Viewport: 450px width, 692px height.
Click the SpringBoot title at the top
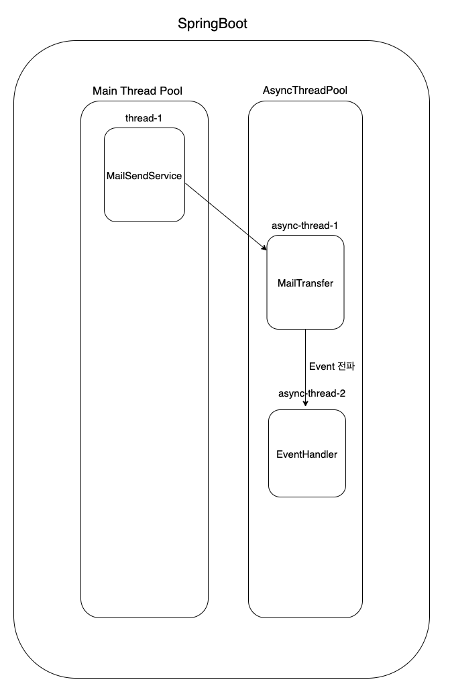click(x=212, y=25)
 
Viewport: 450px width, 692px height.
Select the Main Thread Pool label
click(x=137, y=91)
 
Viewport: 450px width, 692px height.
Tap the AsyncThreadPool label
click(x=305, y=91)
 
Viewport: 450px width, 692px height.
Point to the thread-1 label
click(x=144, y=118)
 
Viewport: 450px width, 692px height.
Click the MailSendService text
click(x=144, y=175)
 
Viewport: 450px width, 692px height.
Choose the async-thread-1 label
click(x=305, y=226)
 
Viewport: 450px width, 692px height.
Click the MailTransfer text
click(x=305, y=283)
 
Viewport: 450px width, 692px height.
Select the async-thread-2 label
click(x=312, y=393)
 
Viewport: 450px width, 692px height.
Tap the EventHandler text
click(x=306, y=454)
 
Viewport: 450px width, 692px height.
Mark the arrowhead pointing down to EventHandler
click(x=306, y=404)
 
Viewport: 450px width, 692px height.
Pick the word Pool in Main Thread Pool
click(x=170, y=91)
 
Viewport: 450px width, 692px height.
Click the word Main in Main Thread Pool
click(x=104, y=91)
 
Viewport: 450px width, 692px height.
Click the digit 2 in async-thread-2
click(x=342, y=393)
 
